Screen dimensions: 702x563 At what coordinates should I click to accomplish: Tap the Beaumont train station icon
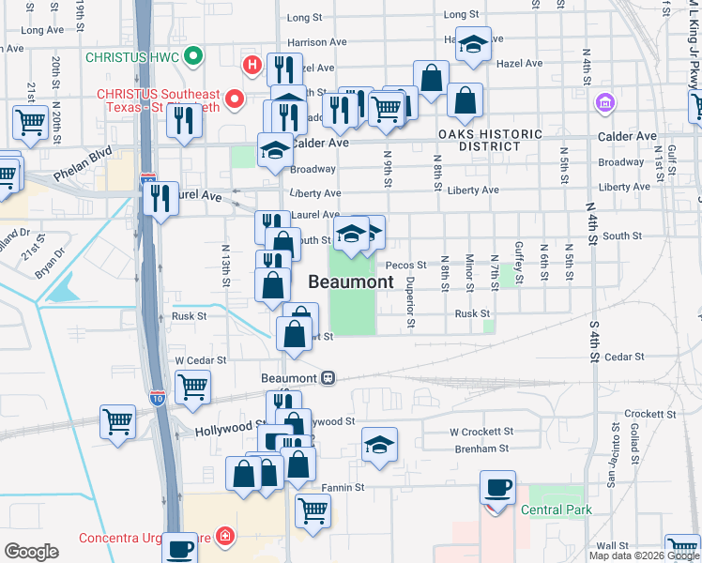(328, 377)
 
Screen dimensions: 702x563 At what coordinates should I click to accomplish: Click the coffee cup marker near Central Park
(497, 488)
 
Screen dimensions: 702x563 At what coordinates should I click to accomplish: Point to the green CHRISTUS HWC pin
(194, 56)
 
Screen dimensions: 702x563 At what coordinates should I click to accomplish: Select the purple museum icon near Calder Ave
(605, 101)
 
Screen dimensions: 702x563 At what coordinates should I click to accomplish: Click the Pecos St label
(406, 266)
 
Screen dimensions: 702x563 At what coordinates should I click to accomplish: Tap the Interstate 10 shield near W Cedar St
(158, 398)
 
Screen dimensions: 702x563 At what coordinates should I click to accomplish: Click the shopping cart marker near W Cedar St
(192, 386)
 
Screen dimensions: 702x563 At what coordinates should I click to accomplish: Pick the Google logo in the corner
(31, 552)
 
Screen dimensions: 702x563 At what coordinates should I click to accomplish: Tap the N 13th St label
(226, 267)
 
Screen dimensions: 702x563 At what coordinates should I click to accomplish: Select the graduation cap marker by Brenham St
(379, 444)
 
